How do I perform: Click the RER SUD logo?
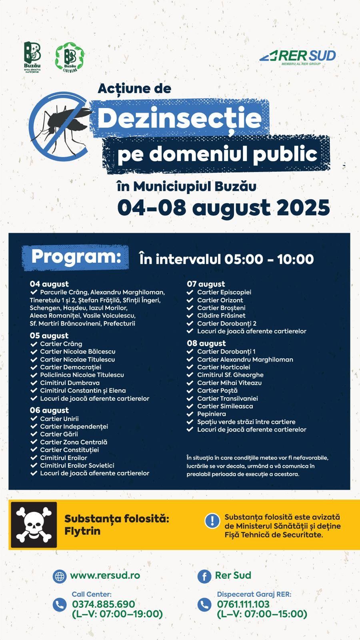pos(298,57)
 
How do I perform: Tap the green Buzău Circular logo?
pos(70,57)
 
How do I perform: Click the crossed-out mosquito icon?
pos(60,126)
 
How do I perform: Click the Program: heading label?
pos(76,257)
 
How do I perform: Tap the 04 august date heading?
pos(49,284)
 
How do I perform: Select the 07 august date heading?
pos(206,284)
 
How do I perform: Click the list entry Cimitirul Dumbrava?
pos(70,383)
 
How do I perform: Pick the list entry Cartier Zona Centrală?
pos(74,442)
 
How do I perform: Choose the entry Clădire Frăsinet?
pos(221,316)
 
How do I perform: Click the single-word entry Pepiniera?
pos(211,414)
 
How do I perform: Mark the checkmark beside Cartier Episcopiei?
pos(190,292)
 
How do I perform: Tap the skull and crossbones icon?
pos(34,525)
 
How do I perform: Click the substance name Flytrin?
pos(82,531)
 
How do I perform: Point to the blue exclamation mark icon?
pos(212,520)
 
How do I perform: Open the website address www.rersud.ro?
pos(105,575)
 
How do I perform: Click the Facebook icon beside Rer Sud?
pos(204,576)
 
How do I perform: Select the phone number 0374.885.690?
pos(104,604)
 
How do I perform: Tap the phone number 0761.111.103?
pos(243,604)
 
